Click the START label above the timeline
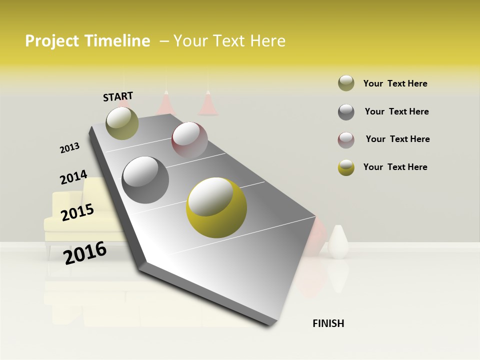[x=118, y=96]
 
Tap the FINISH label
[x=328, y=323]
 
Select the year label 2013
[x=69, y=148]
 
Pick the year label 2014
[x=73, y=177]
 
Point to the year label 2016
[x=85, y=252]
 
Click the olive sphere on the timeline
[x=122, y=123]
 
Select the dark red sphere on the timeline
[x=189, y=140]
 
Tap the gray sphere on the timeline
[x=145, y=180]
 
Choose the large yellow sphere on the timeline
[x=216, y=208]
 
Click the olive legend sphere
[x=346, y=83]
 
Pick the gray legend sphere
[x=346, y=111]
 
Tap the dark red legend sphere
[x=346, y=139]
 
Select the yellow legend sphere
[x=346, y=167]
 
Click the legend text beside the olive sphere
[x=395, y=83]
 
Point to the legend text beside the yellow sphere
[x=395, y=167]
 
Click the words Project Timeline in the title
[x=87, y=41]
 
